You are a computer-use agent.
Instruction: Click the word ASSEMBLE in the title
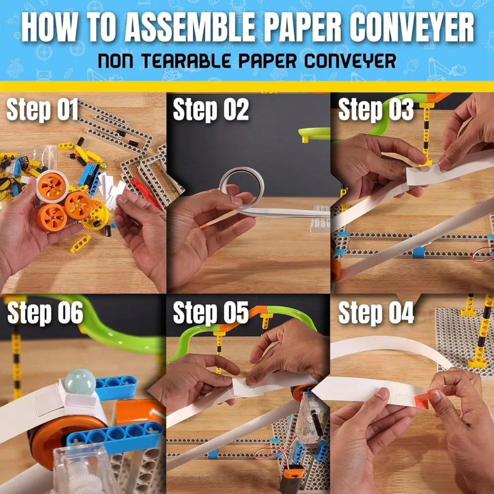[190, 27]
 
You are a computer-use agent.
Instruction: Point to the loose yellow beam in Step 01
[81, 244]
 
